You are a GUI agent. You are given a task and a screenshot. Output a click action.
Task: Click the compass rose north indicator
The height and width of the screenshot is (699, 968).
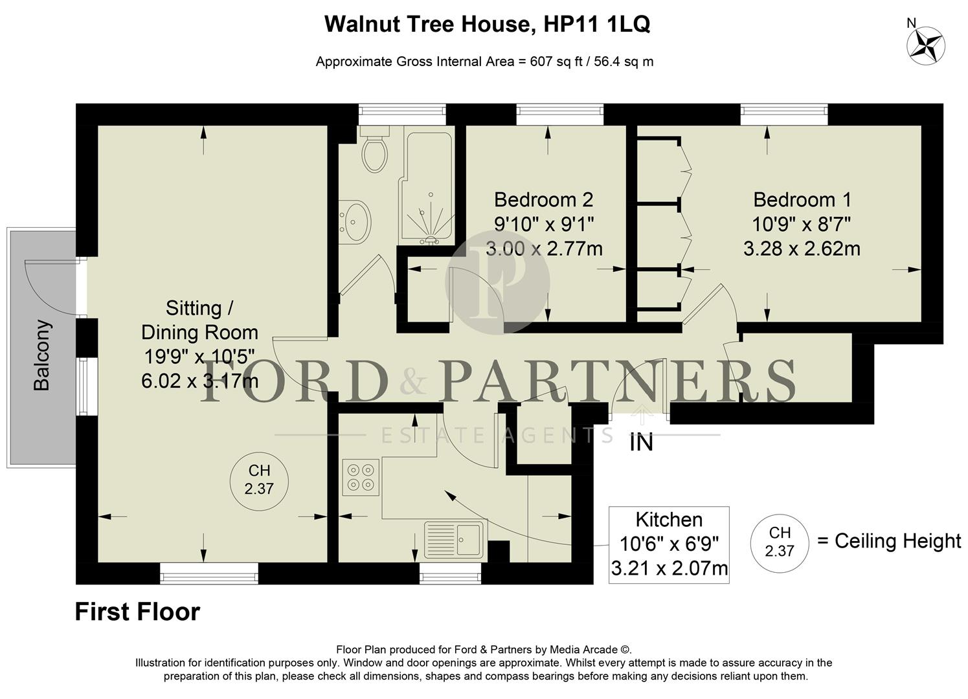[925, 46]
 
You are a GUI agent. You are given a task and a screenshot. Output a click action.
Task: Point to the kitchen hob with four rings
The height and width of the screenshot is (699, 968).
[361, 477]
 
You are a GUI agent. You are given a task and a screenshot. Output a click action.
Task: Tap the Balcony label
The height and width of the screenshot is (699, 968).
[41, 355]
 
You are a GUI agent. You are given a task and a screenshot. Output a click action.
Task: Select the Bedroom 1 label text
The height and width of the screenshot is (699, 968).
[802, 199]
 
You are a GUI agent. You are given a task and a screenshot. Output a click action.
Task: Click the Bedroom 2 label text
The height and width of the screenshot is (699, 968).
[543, 199]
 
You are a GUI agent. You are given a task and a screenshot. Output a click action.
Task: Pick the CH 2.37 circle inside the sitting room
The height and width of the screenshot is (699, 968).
[259, 480]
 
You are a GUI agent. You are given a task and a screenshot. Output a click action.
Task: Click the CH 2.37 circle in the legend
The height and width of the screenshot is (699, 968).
[779, 542]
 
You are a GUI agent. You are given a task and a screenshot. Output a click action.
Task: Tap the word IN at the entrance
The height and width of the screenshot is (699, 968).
[641, 443]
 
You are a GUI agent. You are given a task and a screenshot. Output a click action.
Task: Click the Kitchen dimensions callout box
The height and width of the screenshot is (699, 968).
[669, 544]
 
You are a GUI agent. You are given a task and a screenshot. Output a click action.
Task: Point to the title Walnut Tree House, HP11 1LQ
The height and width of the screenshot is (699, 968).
[487, 25]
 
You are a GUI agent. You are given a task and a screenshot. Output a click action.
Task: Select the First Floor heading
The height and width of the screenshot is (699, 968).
[137, 612]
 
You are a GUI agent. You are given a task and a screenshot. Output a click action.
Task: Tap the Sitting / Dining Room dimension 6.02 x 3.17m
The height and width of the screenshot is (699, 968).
[199, 381]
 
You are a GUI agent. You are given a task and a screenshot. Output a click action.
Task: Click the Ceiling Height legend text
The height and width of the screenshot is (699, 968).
[897, 541]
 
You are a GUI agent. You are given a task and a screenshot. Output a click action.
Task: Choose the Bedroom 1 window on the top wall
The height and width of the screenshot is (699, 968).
[784, 115]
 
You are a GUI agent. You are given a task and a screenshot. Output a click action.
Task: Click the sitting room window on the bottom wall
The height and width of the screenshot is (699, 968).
[208, 573]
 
